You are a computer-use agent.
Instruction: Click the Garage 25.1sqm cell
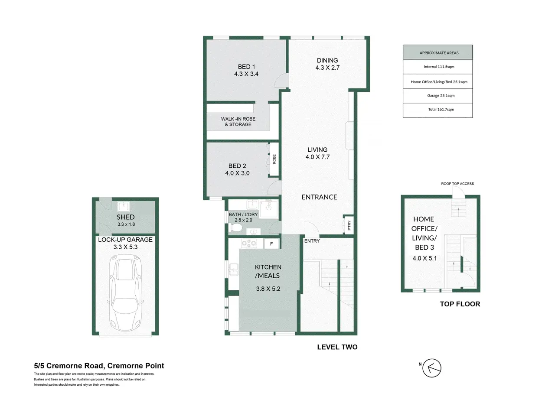437,96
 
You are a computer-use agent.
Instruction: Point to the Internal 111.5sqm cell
437,67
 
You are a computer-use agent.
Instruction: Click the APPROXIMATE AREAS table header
437,52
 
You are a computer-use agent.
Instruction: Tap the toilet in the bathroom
235,228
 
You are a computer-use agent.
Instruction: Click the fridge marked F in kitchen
271,244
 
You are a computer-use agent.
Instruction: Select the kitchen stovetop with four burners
249,243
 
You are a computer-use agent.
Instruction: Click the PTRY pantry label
349,225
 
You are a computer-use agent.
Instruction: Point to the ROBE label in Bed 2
274,159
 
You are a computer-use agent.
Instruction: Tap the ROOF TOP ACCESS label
457,184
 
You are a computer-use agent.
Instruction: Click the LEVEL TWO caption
337,347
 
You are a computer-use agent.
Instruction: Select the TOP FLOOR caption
460,304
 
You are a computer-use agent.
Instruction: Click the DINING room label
327,60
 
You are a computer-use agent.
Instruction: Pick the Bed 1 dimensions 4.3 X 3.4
246,74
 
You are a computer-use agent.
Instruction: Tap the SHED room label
126,217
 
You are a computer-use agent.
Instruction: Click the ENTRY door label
312,241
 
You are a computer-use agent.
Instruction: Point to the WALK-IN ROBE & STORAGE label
238,121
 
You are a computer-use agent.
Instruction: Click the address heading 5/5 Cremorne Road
99,366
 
